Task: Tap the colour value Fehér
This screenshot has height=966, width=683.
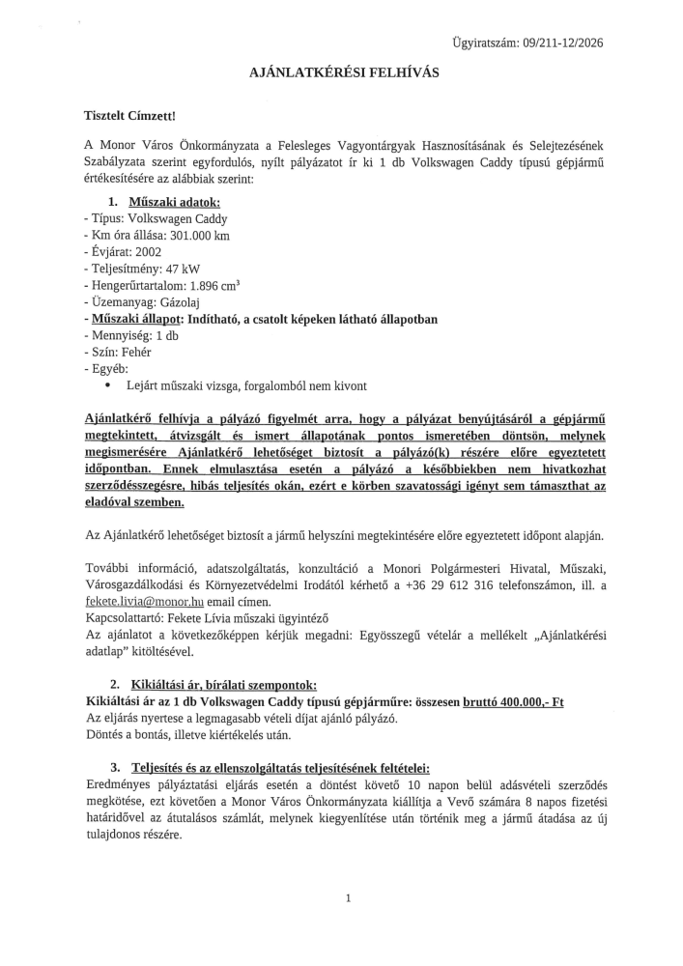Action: pyautogui.click(x=132, y=353)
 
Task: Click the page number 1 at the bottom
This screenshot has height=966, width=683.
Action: pyautogui.click(x=347, y=898)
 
